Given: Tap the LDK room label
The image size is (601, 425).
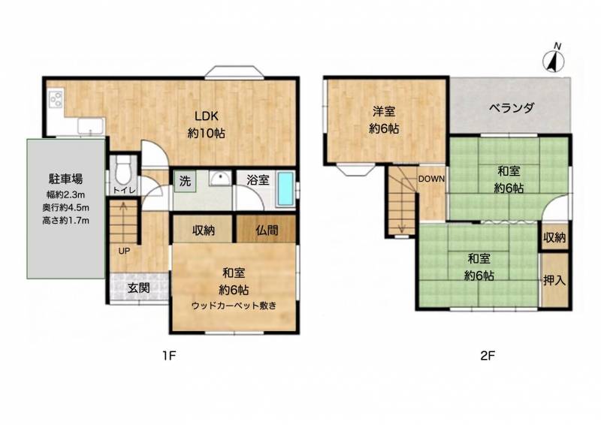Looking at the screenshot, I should (x=207, y=117).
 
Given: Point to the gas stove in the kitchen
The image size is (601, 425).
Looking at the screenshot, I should (x=56, y=98).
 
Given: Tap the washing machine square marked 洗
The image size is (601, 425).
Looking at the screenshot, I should (x=184, y=180).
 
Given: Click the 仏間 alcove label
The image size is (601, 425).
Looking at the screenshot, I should (x=267, y=229).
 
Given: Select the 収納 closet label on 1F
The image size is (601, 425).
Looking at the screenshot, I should (x=204, y=229).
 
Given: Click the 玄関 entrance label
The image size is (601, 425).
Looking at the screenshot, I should (x=137, y=287).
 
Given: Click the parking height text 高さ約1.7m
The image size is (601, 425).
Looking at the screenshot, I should (x=66, y=220).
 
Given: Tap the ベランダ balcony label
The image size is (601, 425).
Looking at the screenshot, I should (x=511, y=107).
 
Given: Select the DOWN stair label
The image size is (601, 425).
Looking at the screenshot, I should (x=432, y=178).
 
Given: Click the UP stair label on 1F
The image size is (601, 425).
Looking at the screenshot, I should (x=122, y=252).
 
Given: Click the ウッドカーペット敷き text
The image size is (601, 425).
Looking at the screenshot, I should (x=234, y=305).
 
